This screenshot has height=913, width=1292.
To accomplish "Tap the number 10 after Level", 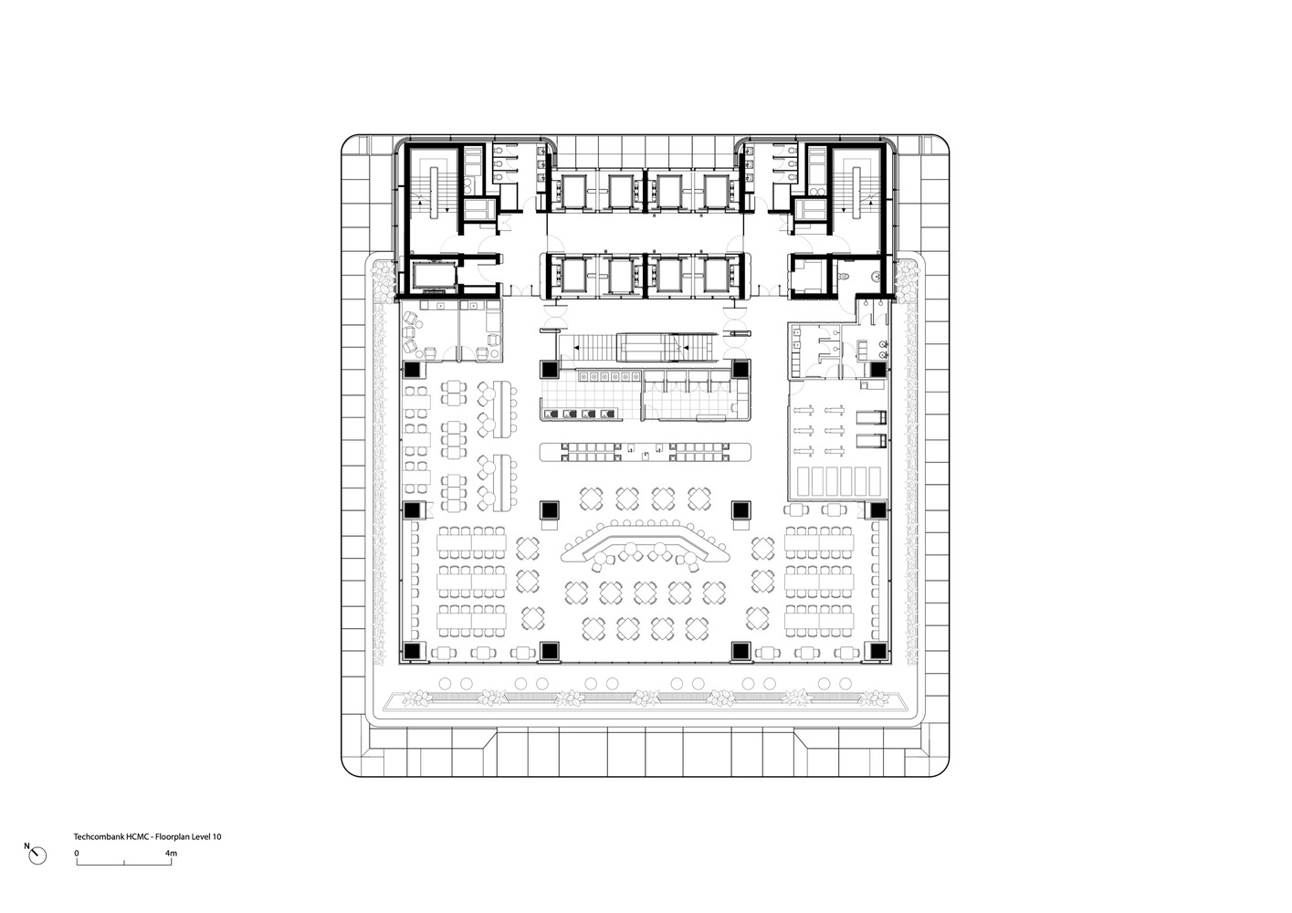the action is [x=217, y=836].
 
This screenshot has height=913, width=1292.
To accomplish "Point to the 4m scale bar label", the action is [x=172, y=853].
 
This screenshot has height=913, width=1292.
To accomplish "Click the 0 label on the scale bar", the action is [x=77, y=853].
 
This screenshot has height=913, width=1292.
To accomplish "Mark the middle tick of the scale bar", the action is [x=124, y=862].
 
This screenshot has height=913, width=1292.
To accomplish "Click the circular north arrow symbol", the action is [x=38, y=855].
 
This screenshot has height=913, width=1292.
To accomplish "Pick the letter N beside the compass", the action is [x=26, y=846].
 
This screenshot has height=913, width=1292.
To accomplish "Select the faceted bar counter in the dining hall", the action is [x=645, y=545].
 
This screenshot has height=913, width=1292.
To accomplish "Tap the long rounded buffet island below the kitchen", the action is [x=646, y=452].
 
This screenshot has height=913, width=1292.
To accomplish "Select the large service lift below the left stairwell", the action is [x=433, y=276].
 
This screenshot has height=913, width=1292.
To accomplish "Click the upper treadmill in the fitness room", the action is [x=871, y=417].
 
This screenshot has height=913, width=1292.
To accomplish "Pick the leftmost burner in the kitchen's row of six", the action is [x=584, y=377].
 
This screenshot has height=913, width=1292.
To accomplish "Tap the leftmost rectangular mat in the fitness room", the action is [x=804, y=481].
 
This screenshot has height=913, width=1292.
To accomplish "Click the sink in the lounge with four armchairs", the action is [x=440, y=306].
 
